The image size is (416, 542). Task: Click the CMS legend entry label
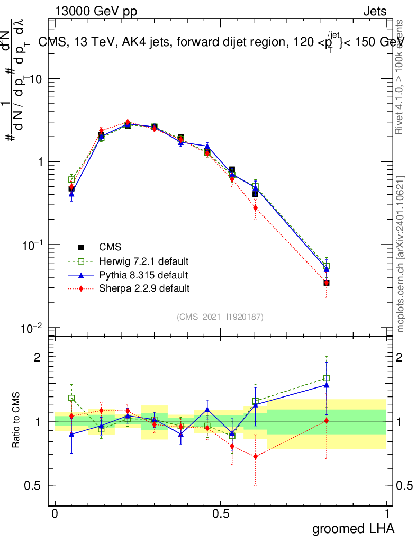[110, 247]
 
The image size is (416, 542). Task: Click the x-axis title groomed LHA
[353, 529]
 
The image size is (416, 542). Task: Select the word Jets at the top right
[375, 12]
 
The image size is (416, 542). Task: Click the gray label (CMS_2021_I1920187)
[220, 317]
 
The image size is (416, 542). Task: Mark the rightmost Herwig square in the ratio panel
[327, 378]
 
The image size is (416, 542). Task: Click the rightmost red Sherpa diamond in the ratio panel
[327, 420]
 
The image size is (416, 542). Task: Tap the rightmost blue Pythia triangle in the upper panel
[327, 269]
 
